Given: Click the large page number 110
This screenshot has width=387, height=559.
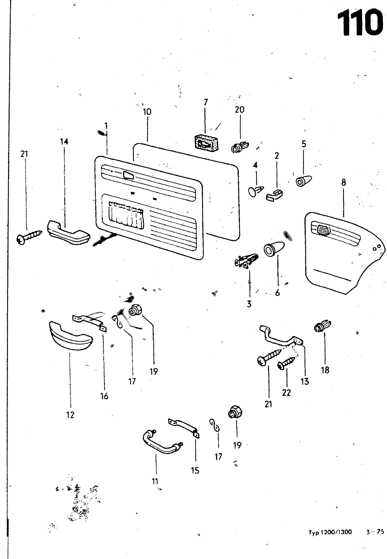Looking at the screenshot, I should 359,23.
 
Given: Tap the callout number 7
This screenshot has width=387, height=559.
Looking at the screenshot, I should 206,102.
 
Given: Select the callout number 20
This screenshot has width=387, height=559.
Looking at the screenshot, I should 239,109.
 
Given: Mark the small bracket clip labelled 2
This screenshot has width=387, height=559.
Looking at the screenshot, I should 275,195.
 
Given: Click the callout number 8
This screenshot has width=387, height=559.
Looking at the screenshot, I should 344,182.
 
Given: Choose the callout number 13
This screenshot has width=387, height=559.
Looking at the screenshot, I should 305,381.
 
